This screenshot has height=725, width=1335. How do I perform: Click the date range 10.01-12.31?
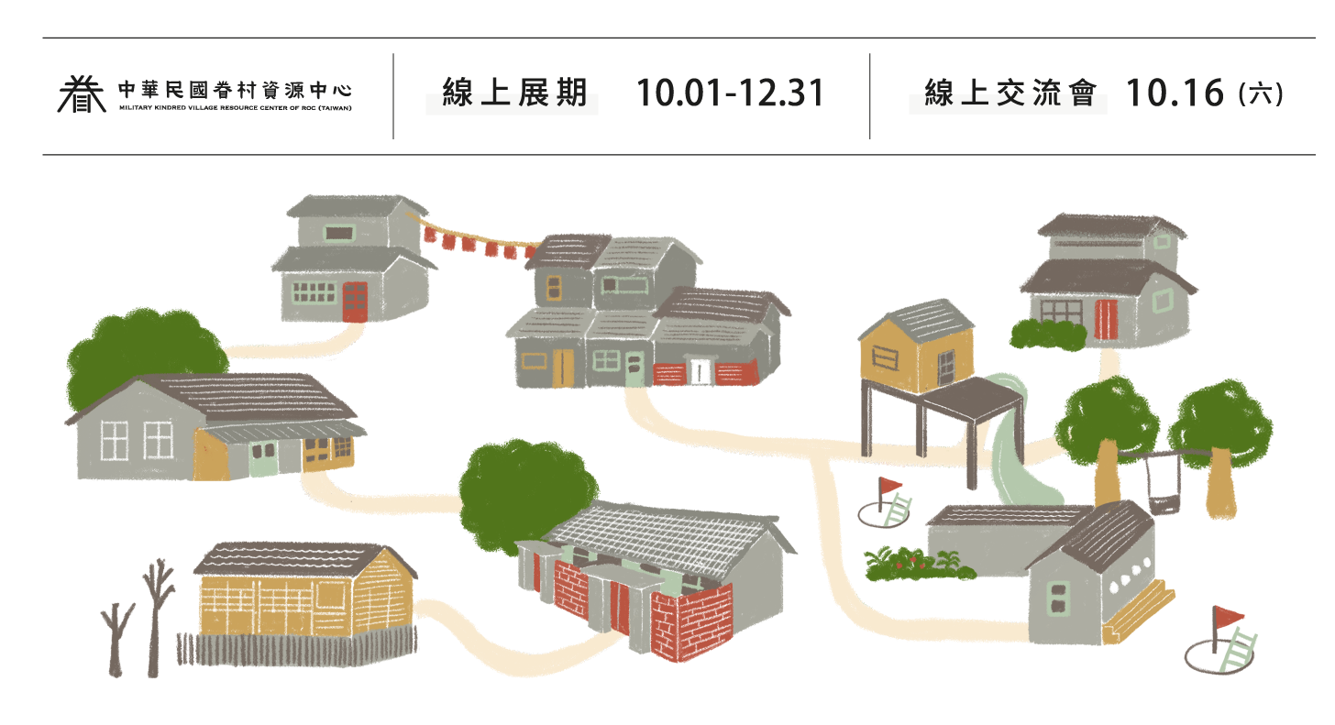coord(730,93)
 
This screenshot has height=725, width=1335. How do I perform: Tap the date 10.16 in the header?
coord(1174,93)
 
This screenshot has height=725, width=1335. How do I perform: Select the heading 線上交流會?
coord(1010,93)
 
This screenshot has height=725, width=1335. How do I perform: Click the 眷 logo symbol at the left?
coord(82,93)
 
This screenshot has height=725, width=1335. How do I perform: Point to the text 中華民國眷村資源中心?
coord(235,90)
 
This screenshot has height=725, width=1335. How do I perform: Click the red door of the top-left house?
coord(355,302)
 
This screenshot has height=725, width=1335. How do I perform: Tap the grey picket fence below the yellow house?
coord(297,648)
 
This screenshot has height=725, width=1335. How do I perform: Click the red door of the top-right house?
coord(1106,319)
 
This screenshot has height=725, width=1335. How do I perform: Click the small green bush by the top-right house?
coord(1048,335)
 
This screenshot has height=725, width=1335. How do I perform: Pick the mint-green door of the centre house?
coord(634,368)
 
